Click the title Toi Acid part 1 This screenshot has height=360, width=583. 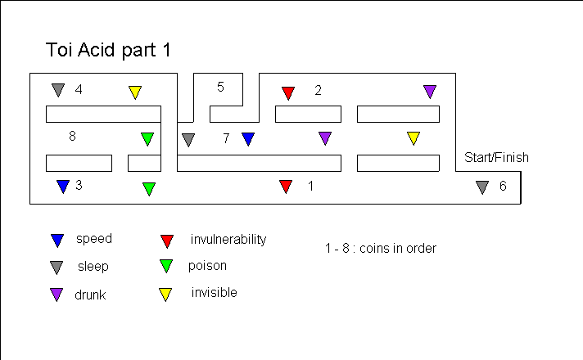(x=108, y=49)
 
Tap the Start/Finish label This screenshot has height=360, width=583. (x=496, y=157)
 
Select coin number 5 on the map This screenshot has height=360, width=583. (x=220, y=87)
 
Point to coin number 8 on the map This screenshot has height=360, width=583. (x=72, y=137)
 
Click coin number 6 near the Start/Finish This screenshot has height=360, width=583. (x=503, y=187)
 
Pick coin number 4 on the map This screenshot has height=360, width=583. (x=78, y=89)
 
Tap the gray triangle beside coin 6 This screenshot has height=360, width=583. (x=482, y=187)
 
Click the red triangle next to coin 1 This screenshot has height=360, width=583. (x=286, y=187)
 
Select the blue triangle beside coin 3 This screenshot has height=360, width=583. (x=62, y=187)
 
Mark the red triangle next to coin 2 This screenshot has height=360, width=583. (x=288, y=92)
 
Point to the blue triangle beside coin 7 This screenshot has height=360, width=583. (x=248, y=139)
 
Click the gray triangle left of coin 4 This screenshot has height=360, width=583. (x=57, y=89)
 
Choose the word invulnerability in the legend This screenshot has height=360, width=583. (x=228, y=240)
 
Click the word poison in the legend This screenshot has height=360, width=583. (x=207, y=265)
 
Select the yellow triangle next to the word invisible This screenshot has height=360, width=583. (x=165, y=294)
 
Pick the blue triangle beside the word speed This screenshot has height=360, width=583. (x=57, y=240)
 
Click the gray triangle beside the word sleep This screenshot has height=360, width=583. (x=56, y=266)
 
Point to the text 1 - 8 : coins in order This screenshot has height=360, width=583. (x=380, y=248)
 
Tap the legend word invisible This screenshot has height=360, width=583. (x=214, y=292)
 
